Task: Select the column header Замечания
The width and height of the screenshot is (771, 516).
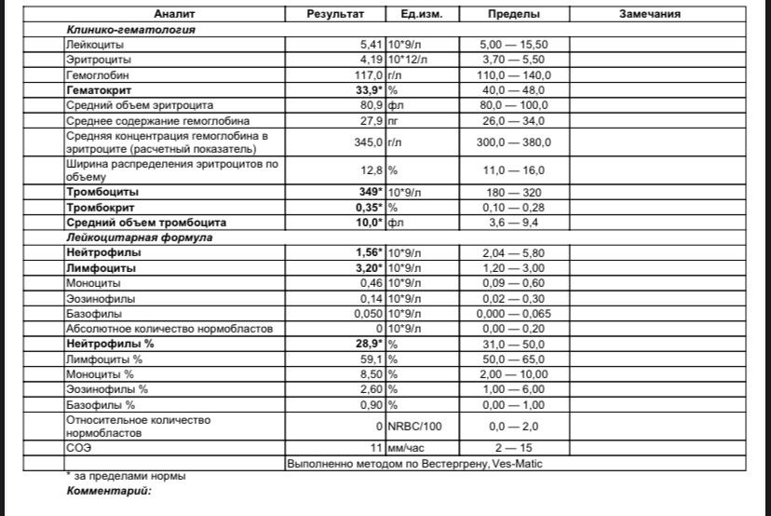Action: pos(650,15)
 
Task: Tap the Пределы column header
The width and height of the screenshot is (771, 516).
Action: pos(516,15)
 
